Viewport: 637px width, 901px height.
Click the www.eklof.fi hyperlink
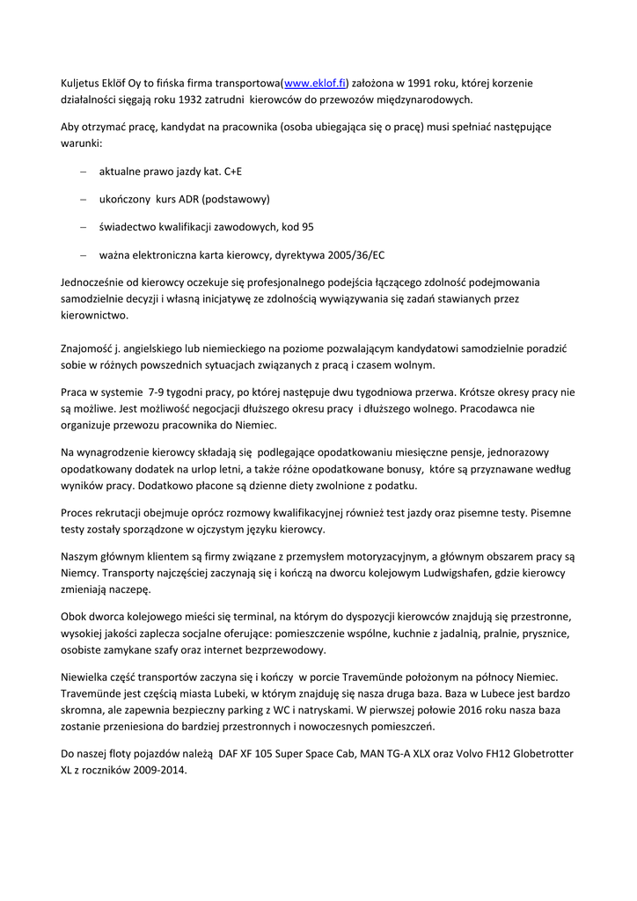pyautogui.click(x=314, y=84)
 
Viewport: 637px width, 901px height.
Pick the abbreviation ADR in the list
pyautogui.click(x=191, y=200)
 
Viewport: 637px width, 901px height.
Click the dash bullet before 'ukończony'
pyautogui.click(x=83, y=200)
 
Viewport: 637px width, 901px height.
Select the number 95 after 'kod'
pyautogui.click(x=308, y=227)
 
